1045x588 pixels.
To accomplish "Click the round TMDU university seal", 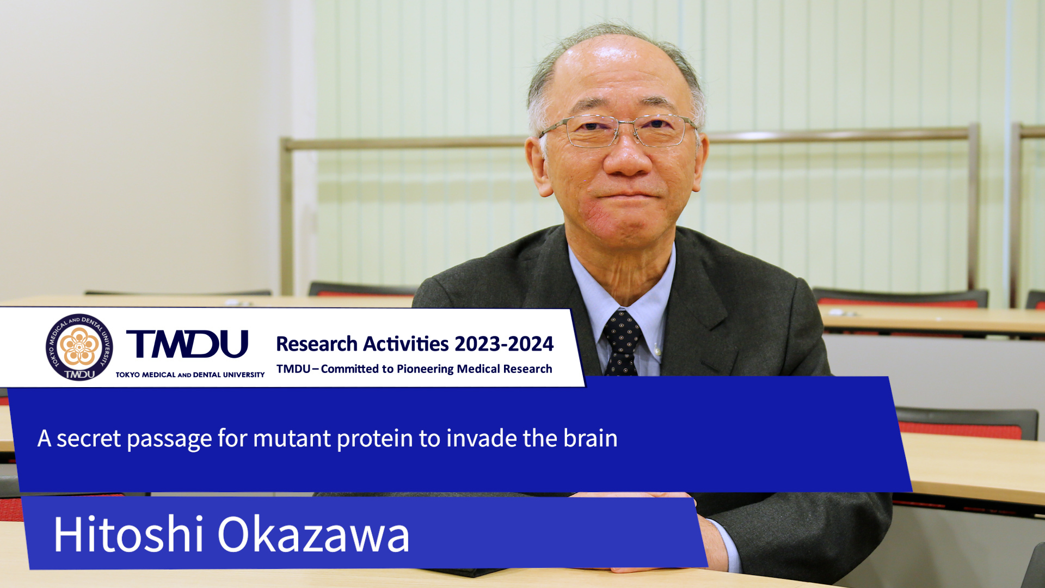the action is click(x=79, y=347).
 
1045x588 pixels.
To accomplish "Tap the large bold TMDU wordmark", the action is click(x=187, y=344).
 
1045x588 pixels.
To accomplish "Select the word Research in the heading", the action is click(x=317, y=344).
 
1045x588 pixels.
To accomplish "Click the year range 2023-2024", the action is click(x=504, y=344).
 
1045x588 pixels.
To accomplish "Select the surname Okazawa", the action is click(x=313, y=534).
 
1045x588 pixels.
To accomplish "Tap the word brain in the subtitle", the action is click(x=591, y=438).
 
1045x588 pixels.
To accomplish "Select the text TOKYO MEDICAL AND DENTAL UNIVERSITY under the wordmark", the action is click(x=190, y=375).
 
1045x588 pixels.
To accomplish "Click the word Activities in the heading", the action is click(x=406, y=344).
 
